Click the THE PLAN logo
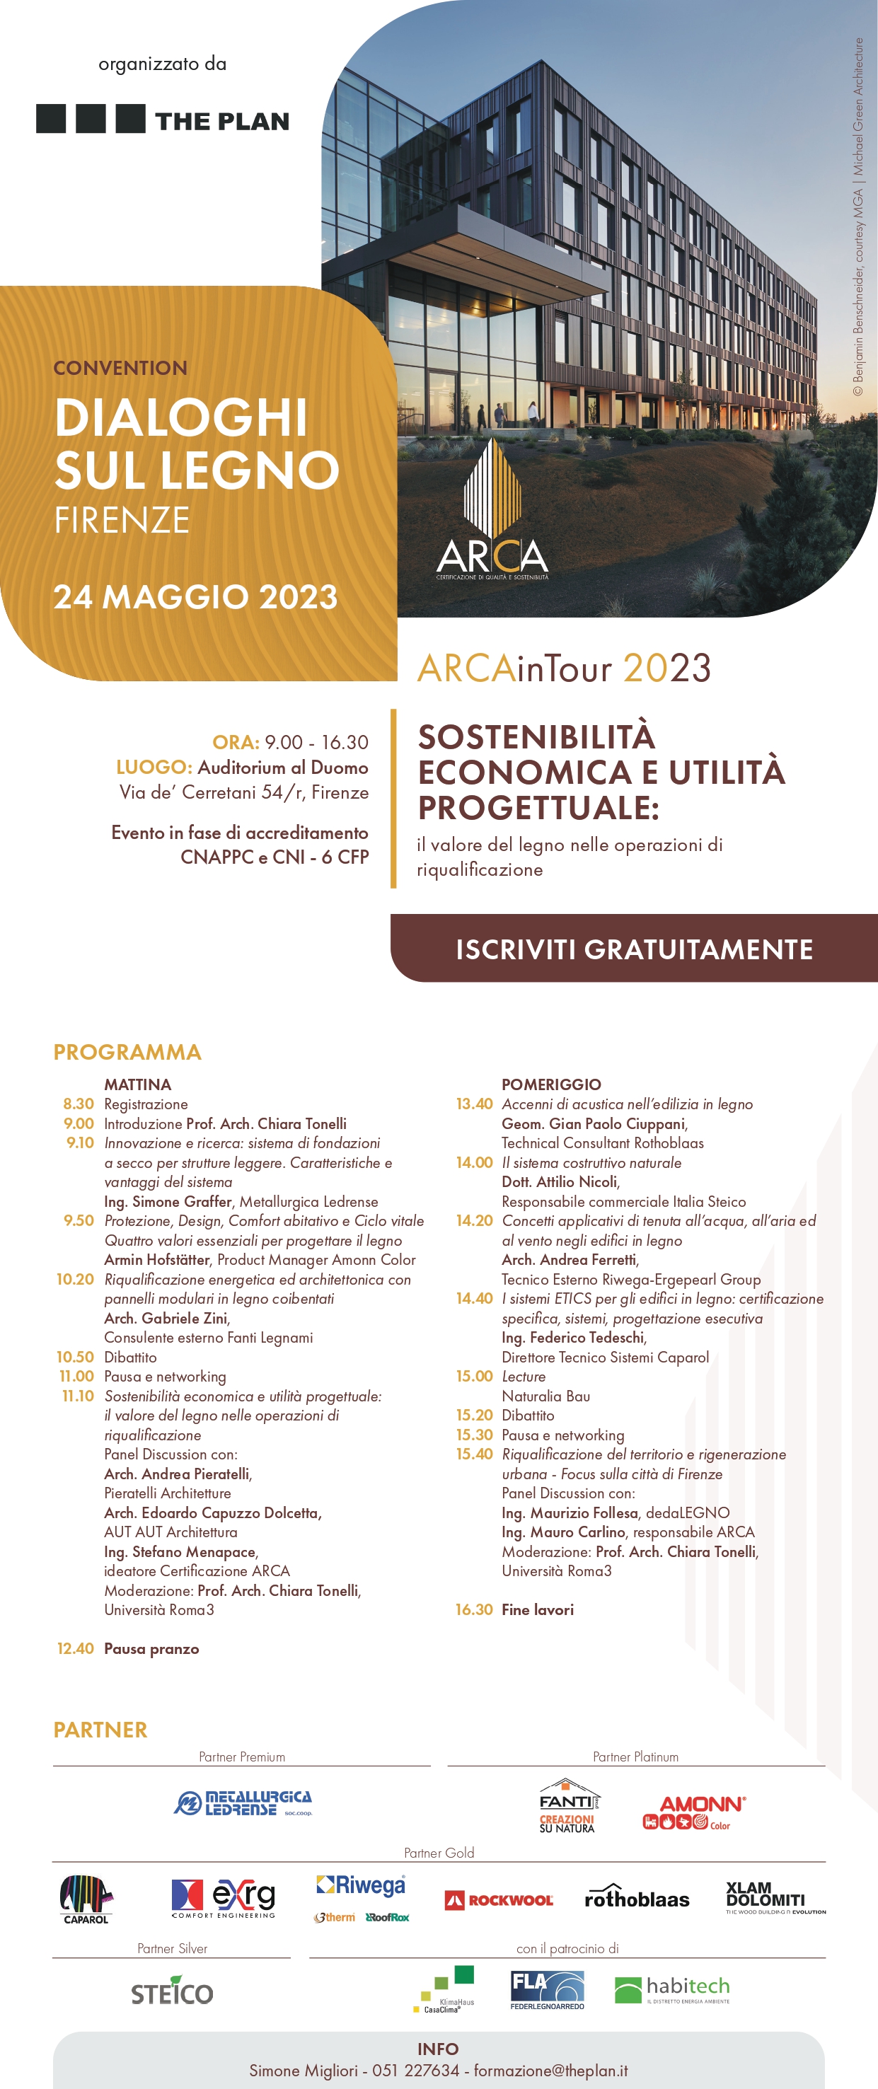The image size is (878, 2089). coord(162,120)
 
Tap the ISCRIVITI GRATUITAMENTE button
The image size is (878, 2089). coord(634,949)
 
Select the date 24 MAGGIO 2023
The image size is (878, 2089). coord(195,597)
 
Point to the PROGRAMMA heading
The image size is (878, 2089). coord(127,1052)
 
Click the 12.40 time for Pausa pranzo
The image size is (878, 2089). coord(76,1649)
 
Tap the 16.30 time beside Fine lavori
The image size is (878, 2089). coord(473,1610)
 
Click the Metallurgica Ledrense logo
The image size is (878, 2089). coord(243,1803)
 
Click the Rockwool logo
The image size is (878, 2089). coord(499,1900)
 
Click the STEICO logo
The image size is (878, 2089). coord(172,1993)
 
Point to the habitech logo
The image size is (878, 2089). coord(672,1989)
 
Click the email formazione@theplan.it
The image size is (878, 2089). coord(550,2071)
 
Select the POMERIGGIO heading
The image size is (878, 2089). coord(551,1084)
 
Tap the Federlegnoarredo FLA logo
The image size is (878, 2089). coord(547,1990)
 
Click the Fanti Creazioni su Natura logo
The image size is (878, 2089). coord(568,1807)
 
